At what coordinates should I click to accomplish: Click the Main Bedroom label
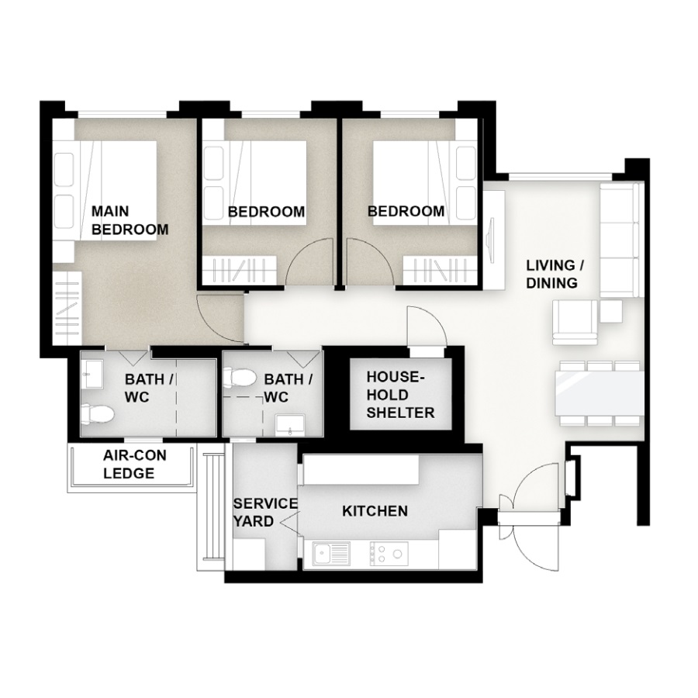(x=130, y=220)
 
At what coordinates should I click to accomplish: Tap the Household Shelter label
(x=400, y=395)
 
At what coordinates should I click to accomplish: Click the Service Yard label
(x=265, y=513)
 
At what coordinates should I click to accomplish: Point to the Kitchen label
(x=375, y=511)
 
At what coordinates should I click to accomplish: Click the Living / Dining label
(x=555, y=275)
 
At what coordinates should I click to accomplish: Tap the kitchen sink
(x=331, y=554)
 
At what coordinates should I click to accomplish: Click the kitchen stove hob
(x=389, y=554)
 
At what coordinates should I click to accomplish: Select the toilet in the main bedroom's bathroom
(x=98, y=414)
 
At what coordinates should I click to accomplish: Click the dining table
(x=600, y=393)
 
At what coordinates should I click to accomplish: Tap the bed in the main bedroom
(x=105, y=191)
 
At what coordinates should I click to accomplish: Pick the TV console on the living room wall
(x=494, y=240)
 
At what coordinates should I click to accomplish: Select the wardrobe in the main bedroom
(x=67, y=308)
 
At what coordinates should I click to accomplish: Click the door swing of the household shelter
(x=426, y=325)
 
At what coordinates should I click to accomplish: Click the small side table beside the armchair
(x=611, y=311)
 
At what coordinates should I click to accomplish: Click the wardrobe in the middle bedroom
(x=240, y=270)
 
